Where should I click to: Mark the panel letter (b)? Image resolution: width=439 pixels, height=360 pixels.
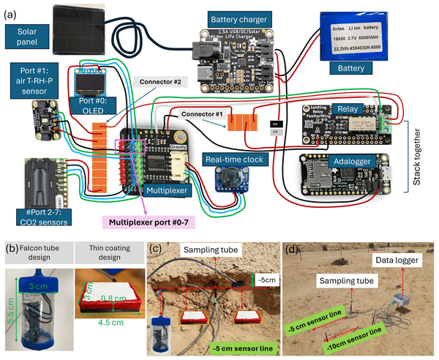[x=10, y=239]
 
